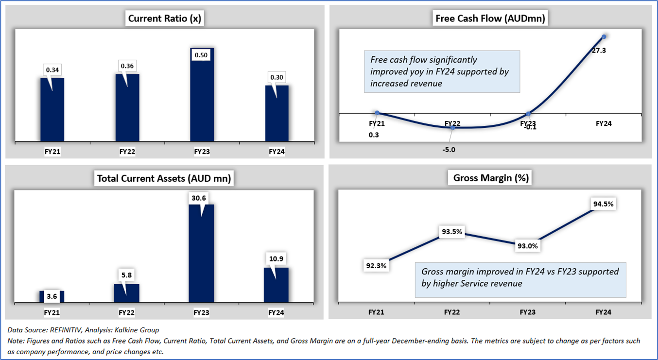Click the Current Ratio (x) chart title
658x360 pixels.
click(x=164, y=19)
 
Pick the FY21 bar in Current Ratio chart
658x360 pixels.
click(x=52, y=109)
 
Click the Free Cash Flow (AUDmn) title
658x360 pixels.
click(x=490, y=19)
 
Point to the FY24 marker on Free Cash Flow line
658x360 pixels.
click(x=604, y=36)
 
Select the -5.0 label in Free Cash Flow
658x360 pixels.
click(x=449, y=150)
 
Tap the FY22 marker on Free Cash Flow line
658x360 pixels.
click(x=452, y=127)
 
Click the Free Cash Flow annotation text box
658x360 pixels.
click(x=442, y=71)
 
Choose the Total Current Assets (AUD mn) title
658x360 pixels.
click(x=164, y=178)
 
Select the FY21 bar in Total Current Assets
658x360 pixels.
click(x=52, y=296)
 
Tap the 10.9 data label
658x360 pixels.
click(x=276, y=259)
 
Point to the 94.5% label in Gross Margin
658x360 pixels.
click(x=603, y=204)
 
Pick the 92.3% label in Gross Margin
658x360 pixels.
click(x=376, y=265)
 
